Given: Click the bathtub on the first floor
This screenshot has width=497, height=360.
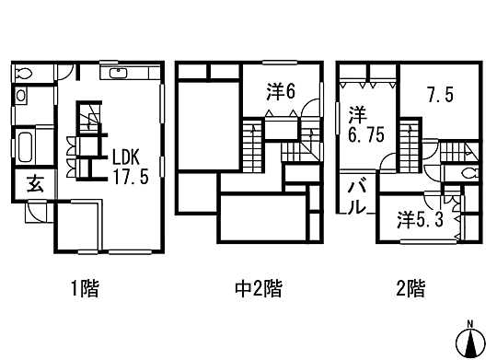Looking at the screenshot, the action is click(x=25, y=145).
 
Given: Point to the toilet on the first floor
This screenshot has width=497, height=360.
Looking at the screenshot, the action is click(x=25, y=73).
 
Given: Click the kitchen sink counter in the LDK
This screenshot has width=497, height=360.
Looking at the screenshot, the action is click(x=117, y=73).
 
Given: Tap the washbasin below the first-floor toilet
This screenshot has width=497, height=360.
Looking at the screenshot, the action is click(x=21, y=96).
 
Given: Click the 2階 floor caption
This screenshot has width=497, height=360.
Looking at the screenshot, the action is click(x=410, y=290).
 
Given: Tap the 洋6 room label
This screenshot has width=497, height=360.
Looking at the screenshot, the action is click(x=282, y=91).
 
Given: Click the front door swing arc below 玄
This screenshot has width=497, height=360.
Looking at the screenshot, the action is click(x=33, y=211).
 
